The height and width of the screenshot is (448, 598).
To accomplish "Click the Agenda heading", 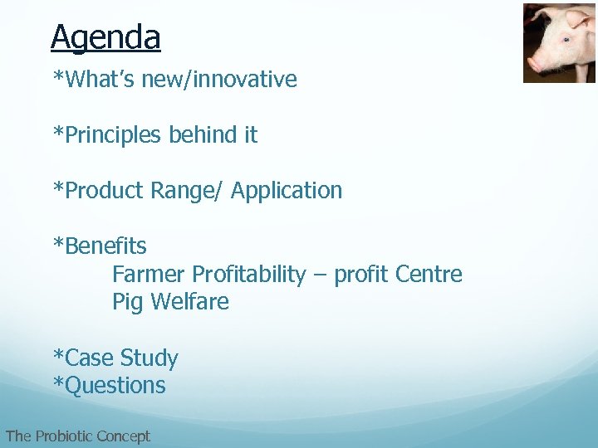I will pyautogui.click(x=105, y=37).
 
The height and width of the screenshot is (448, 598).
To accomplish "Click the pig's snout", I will pyautogui.click(x=536, y=61).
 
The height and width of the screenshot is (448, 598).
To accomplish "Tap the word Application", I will pyautogui.click(x=287, y=191).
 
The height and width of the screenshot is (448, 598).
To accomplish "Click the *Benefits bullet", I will pyautogui.click(x=100, y=246).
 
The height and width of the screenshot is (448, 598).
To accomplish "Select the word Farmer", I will pyautogui.click(x=149, y=274).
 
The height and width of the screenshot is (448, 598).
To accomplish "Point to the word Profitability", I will pyautogui.click(x=248, y=274).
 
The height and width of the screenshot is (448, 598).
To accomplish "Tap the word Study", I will pyautogui.click(x=149, y=358).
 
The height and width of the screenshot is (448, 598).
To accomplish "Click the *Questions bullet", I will pyautogui.click(x=109, y=386).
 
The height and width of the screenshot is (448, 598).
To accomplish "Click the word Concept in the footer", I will pyautogui.click(x=123, y=436).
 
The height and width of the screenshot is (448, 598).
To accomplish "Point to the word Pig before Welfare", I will pyautogui.click(x=128, y=302).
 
